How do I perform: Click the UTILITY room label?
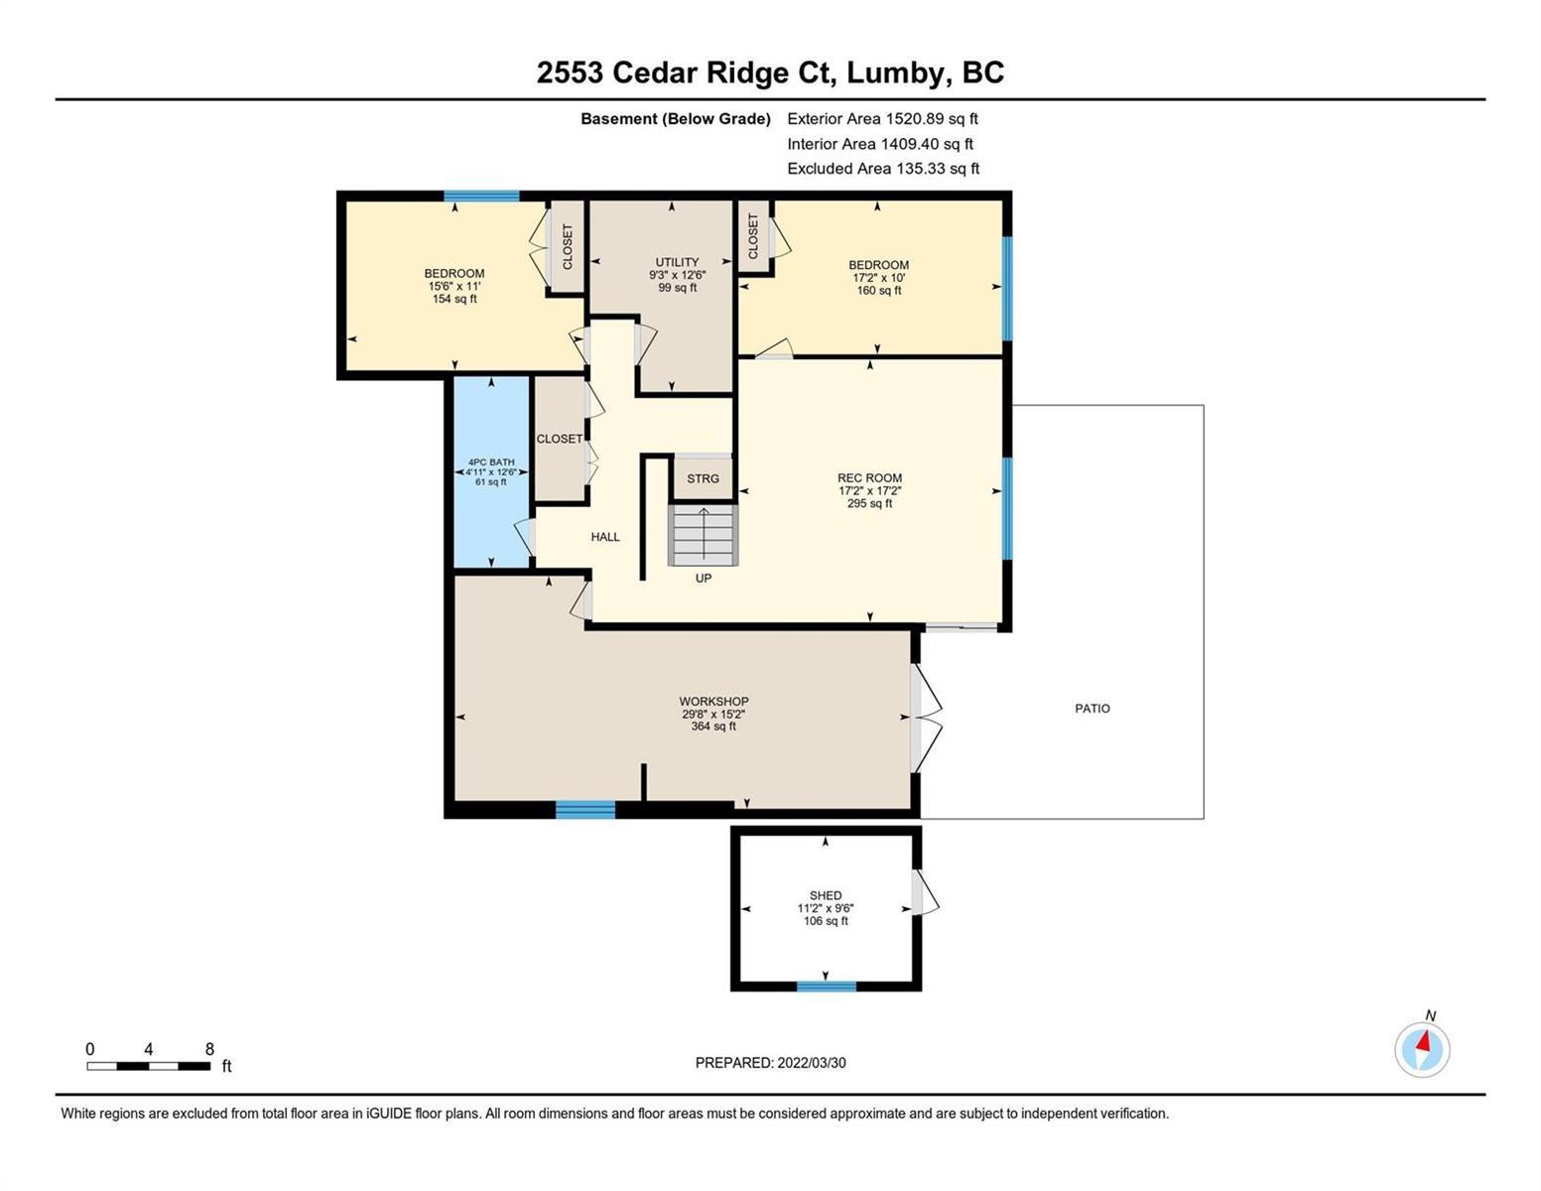coord(677,262)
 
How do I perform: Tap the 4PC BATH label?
coord(491,462)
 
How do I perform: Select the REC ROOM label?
coord(869,478)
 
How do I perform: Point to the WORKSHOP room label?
coord(713,701)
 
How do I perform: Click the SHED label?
coord(826,895)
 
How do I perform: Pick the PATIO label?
coord(1092,708)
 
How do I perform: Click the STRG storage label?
coord(703,478)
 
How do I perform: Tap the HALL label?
coord(605,537)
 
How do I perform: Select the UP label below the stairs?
coord(703,578)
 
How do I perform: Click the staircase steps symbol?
coord(703,535)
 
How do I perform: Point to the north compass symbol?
coord(1422,1046)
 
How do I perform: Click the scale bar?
coord(149,1066)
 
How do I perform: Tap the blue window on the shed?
coord(826,985)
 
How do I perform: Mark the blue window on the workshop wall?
coord(585,809)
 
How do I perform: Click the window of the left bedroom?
coord(481,197)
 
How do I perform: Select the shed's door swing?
coord(925,892)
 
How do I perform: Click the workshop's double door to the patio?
coord(926,718)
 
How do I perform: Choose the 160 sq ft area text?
coord(878,290)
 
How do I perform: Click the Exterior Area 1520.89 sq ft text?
coord(882,118)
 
